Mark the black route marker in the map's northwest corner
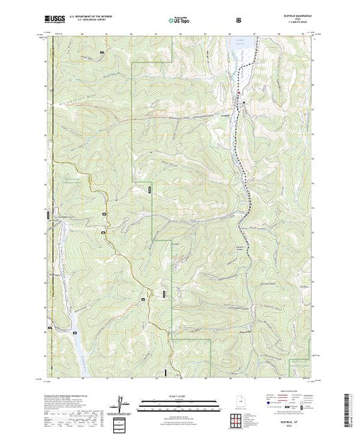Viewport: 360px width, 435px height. click(102, 52)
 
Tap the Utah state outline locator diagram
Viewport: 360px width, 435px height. click(238, 403)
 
